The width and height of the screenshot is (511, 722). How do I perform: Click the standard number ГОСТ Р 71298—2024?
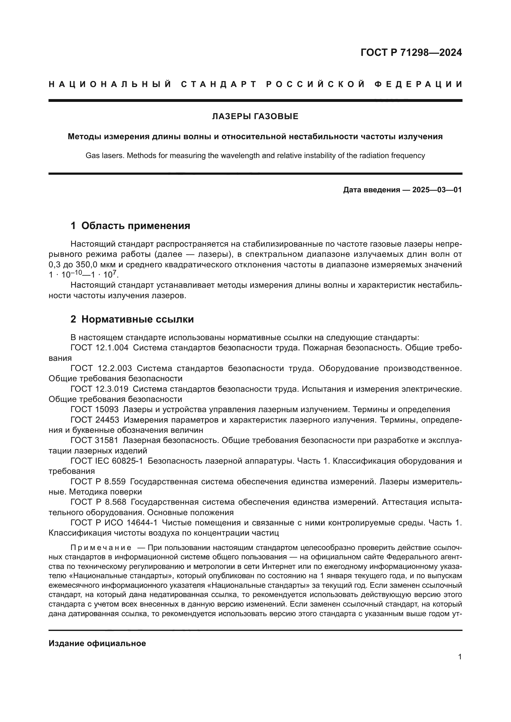pos(411,52)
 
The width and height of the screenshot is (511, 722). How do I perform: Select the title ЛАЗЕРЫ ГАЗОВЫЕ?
pos(255,117)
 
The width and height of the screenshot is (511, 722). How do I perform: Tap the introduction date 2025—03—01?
pos(437,190)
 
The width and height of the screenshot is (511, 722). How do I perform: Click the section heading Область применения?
pos(136,226)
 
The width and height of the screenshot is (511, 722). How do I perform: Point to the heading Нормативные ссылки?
pos(137,319)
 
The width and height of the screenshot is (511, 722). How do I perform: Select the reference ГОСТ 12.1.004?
pos(99,348)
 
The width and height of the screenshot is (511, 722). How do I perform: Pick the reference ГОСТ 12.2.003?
pos(101,368)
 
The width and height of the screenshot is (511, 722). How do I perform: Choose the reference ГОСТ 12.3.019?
pos(99,389)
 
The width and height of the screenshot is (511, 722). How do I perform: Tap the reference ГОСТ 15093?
pos(95,409)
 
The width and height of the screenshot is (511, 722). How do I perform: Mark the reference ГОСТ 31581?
pos(95,440)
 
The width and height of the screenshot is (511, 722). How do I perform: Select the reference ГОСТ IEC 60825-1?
pos(107,461)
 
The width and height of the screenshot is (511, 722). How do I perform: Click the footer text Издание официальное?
pos(97,643)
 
